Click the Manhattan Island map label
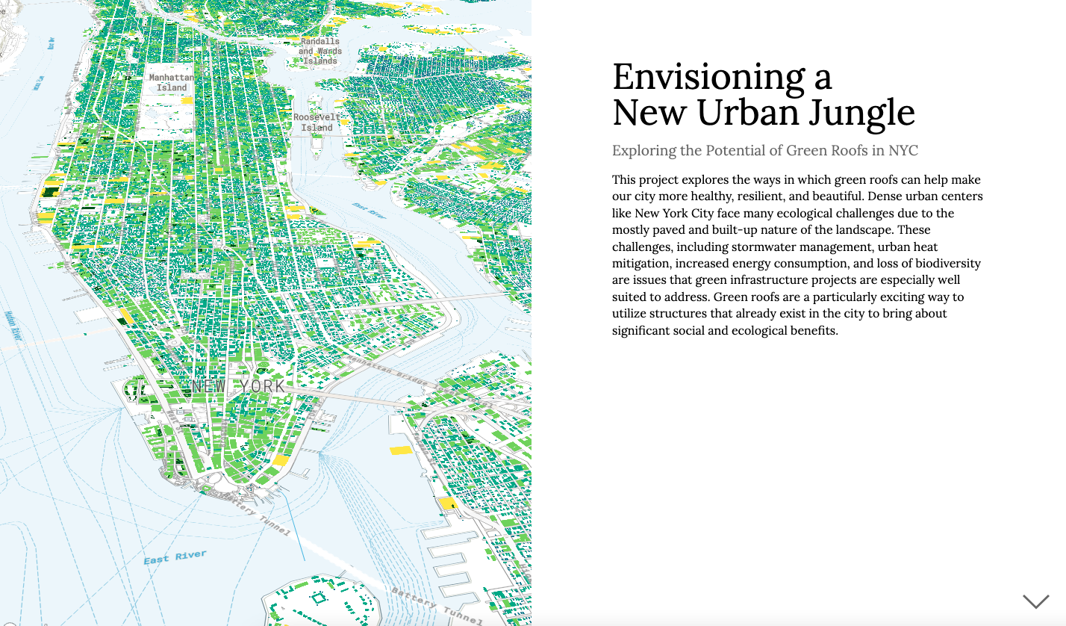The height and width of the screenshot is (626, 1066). [172, 82]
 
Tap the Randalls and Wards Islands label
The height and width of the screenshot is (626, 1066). [320, 51]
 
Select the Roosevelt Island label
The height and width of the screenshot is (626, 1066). [317, 123]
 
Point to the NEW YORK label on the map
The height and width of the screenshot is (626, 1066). [238, 386]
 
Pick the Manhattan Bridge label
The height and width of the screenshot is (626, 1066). [389, 373]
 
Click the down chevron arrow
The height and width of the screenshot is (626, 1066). [1035, 601]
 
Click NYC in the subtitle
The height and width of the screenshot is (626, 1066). [903, 151]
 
